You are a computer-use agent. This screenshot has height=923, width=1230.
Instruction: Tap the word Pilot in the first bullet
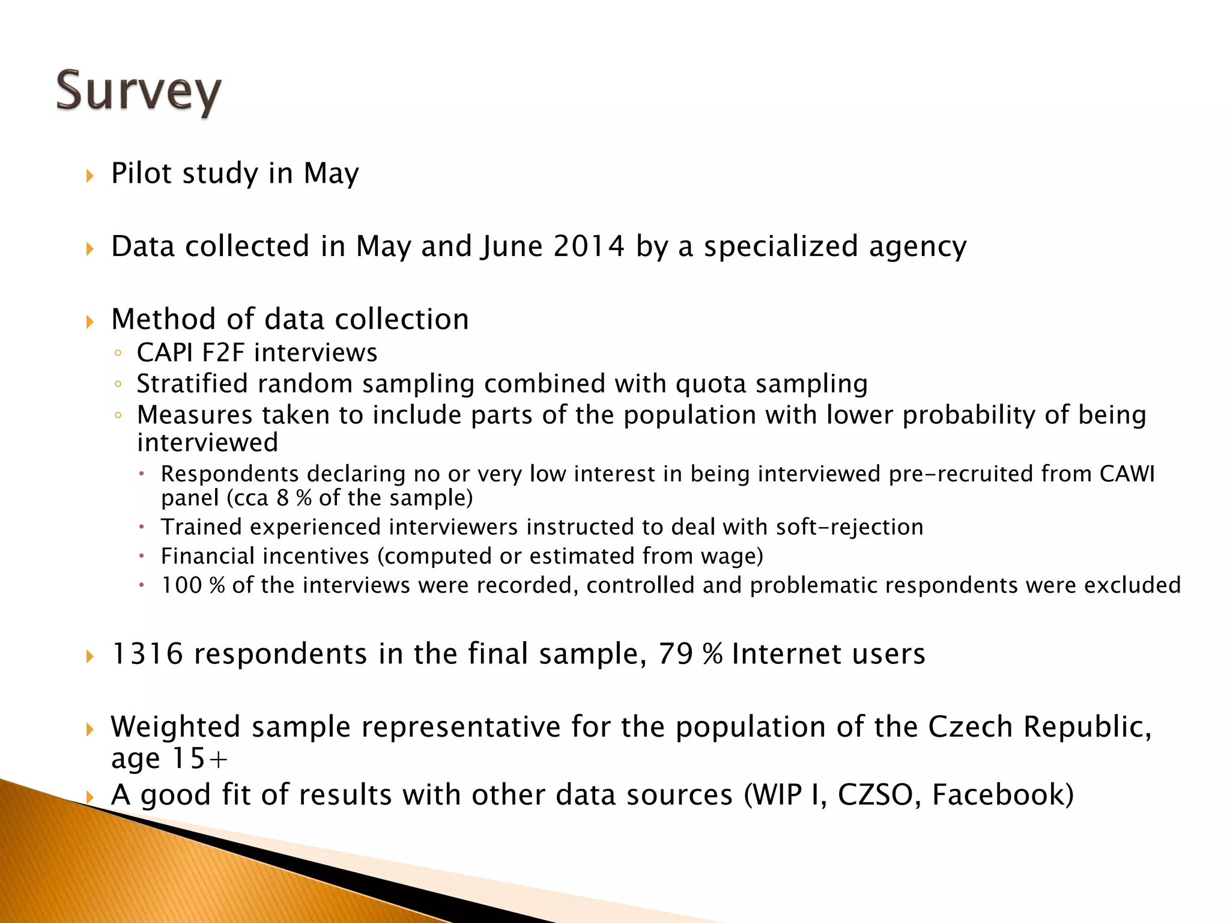click(142, 174)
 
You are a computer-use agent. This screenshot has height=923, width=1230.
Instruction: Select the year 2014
click(589, 246)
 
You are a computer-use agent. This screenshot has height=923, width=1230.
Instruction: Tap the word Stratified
click(192, 384)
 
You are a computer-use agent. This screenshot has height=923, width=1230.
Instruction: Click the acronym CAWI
click(1127, 474)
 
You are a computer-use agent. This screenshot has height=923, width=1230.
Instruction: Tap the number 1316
click(147, 654)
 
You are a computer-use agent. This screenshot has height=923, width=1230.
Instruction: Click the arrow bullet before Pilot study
click(90, 176)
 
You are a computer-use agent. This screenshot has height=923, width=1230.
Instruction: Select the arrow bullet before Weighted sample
click(90, 730)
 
